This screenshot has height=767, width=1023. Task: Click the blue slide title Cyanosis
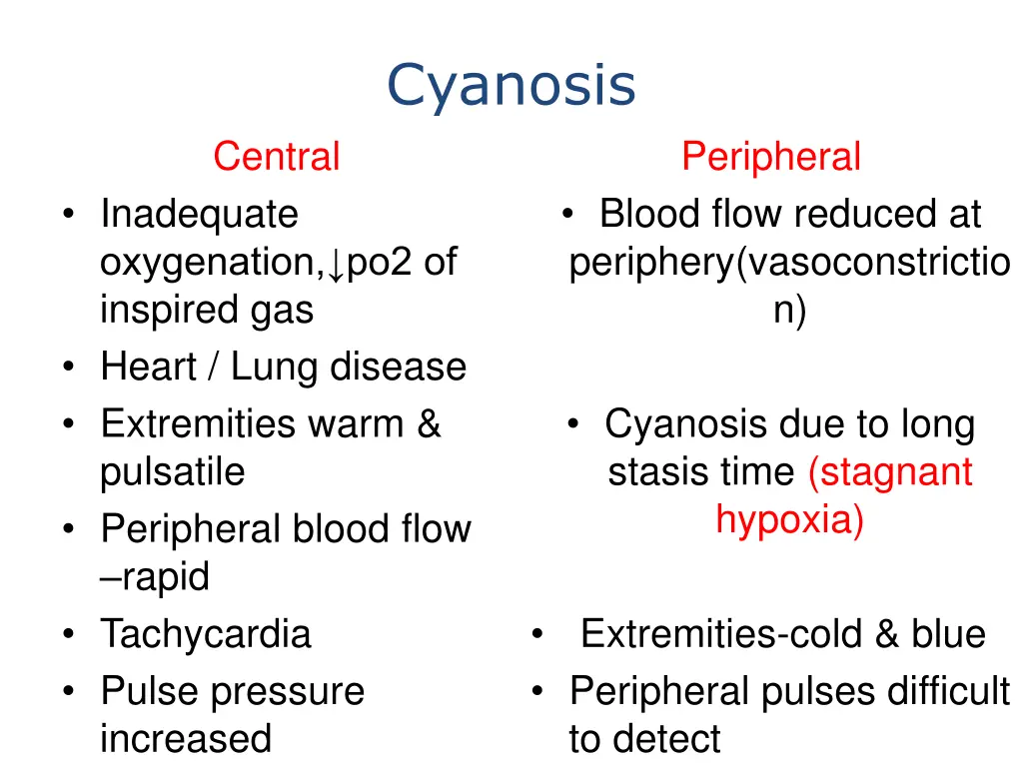pos(511,86)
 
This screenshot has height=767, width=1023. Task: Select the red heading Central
pos(276,157)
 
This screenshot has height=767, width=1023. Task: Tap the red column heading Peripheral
pos(770,157)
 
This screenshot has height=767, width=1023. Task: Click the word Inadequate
pos(199,214)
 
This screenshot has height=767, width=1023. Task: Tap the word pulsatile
pos(172,472)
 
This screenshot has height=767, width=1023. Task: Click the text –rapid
pos(155,577)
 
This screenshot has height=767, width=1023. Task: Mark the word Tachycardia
pos(206,634)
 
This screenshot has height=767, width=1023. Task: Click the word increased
pos(186,739)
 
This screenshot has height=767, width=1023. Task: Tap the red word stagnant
pos(890,472)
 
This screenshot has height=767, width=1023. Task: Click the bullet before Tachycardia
pos(67,635)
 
